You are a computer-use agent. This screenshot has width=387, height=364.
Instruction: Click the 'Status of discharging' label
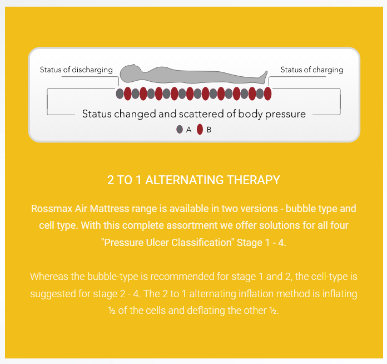tap(76, 70)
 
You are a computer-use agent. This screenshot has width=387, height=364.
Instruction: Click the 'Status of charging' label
tap(312, 70)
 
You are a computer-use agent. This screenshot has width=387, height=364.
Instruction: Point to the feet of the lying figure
tap(264, 77)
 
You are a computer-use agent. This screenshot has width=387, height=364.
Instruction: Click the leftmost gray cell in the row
tap(120, 94)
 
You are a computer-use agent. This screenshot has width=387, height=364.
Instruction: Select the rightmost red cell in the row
tap(268, 94)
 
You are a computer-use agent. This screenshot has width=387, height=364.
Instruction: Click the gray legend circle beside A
tap(180, 129)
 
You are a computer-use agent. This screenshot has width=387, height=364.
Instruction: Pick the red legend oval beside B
tap(200, 129)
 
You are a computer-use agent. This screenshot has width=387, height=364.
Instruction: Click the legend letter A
tap(189, 130)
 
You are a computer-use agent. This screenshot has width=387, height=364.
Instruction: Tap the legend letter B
tap(209, 130)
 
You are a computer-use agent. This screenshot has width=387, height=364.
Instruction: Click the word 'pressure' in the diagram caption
tap(285, 115)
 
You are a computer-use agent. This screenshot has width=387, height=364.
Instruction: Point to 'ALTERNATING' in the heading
tap(185, 180)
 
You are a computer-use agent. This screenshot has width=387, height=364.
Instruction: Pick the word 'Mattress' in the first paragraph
tap(110, 209)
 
